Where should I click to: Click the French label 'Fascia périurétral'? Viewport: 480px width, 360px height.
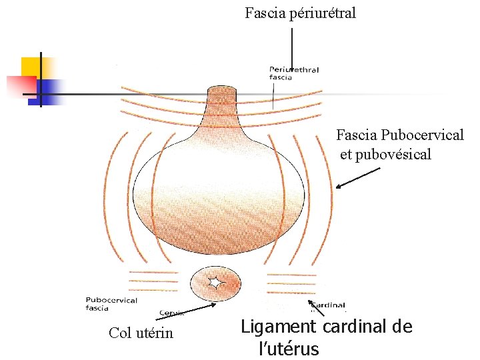[x=300, y=13]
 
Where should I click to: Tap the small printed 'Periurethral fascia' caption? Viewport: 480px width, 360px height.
[x=294, y=73]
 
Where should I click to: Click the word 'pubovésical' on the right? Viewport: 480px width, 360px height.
[x=391, y=155]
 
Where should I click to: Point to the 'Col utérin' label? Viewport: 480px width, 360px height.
[x=141, y=333]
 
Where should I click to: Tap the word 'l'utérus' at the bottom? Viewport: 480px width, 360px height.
[x=289, y=349]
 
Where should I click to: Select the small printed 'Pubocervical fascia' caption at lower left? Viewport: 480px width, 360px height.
[x=111, y=304]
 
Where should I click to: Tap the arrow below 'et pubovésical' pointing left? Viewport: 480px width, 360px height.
[x=357, y=178]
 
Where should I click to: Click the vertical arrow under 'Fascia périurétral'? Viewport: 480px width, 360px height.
[x=291, y=53]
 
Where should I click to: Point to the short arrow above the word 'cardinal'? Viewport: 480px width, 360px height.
[x=319, y=309]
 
